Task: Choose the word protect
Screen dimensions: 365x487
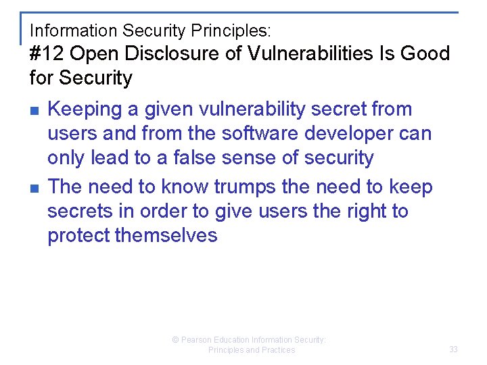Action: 78,235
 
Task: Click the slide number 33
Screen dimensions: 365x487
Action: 453,349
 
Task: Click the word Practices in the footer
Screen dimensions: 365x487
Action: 277,350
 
